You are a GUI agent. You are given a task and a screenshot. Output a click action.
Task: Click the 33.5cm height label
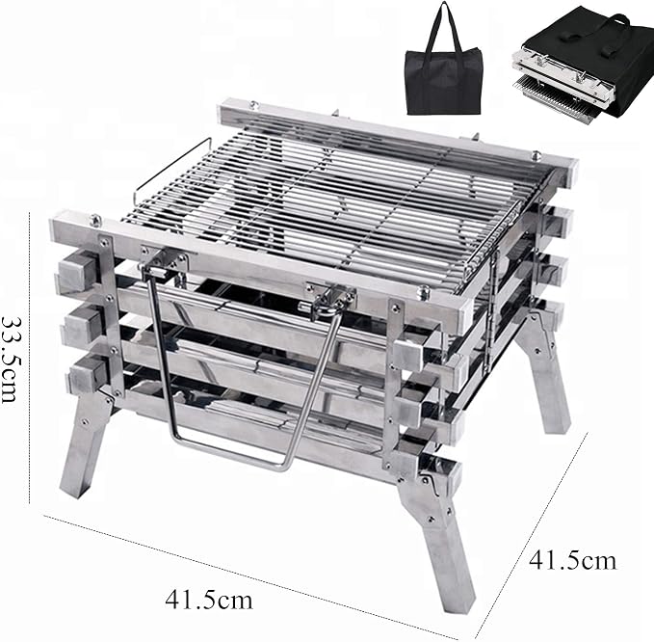tap(10, 359)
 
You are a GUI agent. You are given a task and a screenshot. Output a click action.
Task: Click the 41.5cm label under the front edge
tap(209, 601)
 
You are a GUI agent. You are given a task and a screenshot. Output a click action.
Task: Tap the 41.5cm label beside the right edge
tap(572, 560)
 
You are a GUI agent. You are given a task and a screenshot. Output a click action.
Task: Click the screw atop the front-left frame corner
tap(96, 220)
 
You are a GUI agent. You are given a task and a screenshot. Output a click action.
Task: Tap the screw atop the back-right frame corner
tap(536, 156)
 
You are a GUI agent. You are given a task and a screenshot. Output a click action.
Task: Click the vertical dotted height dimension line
tap(30, 358)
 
